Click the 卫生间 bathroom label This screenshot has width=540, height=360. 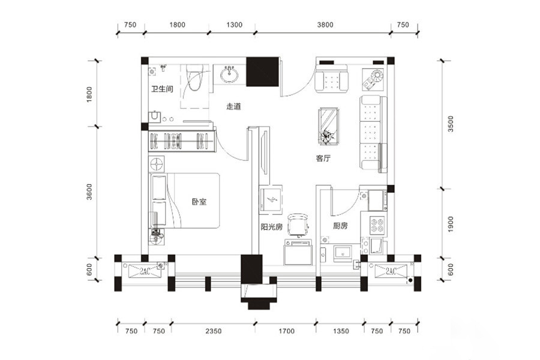(162, 89)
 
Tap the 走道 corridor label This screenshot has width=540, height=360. (233, 106)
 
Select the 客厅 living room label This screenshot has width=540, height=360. (323, 158)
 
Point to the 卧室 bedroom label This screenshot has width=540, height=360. (199, 202)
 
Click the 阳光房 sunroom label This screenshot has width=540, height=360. (272, 227)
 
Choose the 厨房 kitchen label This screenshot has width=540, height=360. (340, 226)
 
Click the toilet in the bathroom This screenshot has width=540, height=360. (194, 77)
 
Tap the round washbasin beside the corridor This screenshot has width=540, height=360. (229, 74)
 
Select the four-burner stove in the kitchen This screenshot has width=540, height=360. (377, 224)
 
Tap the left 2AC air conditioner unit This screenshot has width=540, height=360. (145, 271)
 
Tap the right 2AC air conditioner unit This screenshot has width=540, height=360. (391, 271)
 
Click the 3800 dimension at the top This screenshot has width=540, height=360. (325, 25)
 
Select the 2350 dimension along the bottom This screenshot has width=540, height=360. (214, 331)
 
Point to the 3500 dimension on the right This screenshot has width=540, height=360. (451, 124)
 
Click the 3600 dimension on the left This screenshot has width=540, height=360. (89, 192)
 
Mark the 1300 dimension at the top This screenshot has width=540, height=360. (234, 25)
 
